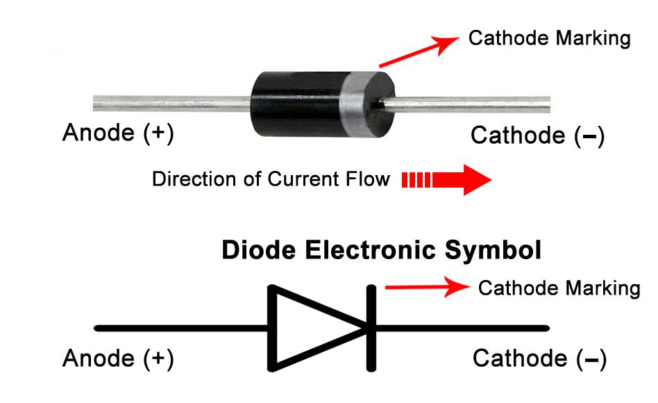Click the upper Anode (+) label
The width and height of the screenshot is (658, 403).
118,133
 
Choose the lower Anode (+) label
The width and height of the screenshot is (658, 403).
118,359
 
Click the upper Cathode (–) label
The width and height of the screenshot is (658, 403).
538,135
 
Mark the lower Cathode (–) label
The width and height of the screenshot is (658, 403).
539,359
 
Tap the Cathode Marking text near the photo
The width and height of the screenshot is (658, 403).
549,38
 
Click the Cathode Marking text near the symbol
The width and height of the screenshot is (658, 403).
559,287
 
